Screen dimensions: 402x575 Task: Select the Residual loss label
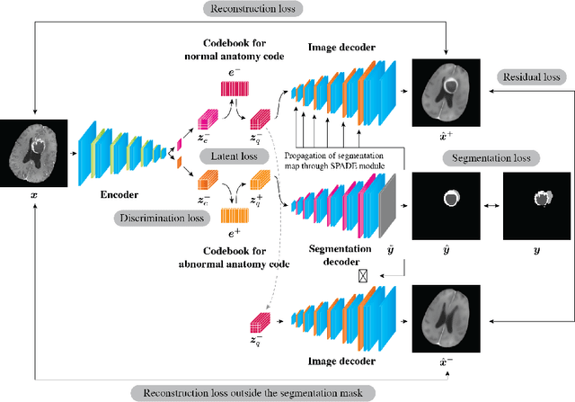coord(529,78)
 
